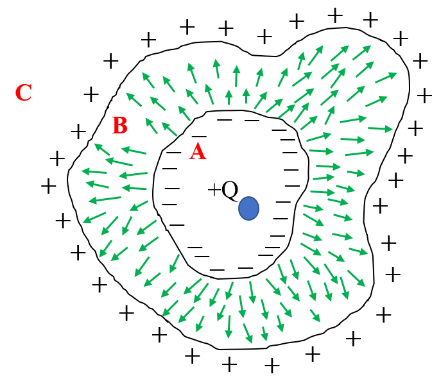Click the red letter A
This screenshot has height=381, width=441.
[197, 152]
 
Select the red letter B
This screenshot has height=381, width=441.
[119, 126]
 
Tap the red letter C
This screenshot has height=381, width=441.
[23, 93]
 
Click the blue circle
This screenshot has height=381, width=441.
[248, 208]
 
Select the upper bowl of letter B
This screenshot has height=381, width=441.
[121, 121]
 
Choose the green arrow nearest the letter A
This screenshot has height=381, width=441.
[169, 129]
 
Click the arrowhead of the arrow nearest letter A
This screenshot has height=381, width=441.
[163, 123]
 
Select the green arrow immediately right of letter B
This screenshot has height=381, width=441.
[151, 125]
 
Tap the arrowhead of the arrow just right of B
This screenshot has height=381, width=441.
[147, 119]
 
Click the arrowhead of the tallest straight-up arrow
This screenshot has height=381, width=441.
[236, 67]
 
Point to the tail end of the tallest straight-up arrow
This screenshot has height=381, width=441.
[236, 87]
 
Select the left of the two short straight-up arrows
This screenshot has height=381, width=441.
[229, 97]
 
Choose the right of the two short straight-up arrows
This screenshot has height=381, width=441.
[246, 96]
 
